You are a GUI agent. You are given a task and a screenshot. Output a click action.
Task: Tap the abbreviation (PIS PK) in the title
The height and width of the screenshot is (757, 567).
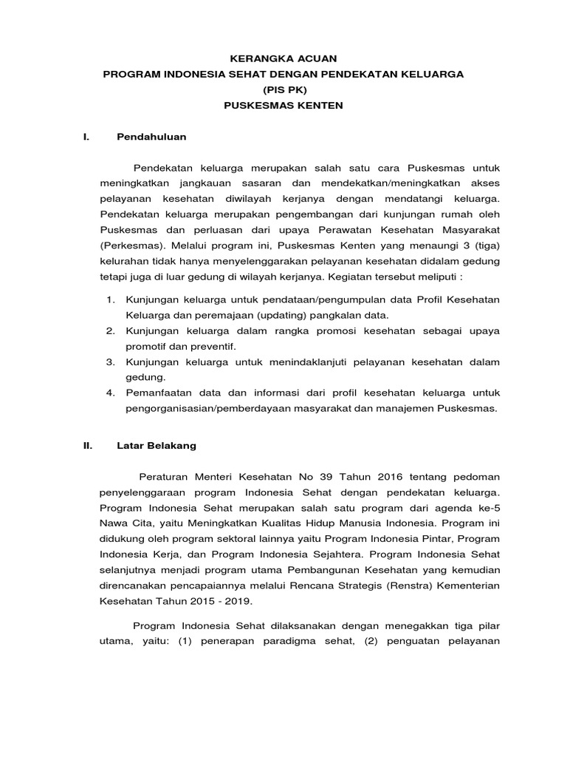[283, 89]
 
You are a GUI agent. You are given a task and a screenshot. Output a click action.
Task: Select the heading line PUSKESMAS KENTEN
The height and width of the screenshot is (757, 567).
[283, 106]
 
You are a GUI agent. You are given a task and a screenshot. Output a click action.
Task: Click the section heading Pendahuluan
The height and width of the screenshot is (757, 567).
[151, 137]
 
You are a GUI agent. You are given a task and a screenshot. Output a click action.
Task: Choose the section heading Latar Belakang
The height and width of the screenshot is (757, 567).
[157, 446]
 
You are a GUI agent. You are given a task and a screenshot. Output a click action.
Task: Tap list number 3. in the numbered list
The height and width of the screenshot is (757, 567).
[111, 361]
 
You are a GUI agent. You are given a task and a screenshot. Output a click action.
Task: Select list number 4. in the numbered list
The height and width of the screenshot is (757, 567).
[111, 393]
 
